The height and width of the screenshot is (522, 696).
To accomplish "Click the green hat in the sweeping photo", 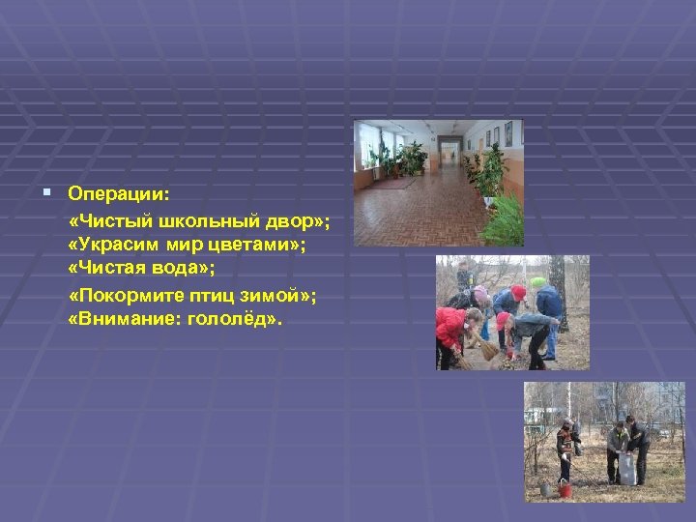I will (x=537, y=282).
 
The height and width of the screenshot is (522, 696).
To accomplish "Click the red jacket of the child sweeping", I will (x=449, y=327).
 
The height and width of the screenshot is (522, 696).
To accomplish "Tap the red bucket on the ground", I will (x=566, y=490).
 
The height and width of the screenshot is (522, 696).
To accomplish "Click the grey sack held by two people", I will (x=626, y=469).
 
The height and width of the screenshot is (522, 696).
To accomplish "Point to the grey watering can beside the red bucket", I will (x=548, y=489).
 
